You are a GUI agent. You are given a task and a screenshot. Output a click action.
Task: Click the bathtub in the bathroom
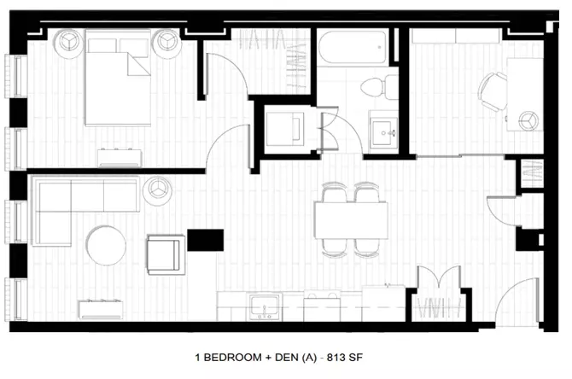352,47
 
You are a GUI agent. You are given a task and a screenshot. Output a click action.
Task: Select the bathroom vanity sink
383,131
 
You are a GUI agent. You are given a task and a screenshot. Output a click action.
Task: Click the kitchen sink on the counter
265,306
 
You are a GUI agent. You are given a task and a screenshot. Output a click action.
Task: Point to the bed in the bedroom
118,78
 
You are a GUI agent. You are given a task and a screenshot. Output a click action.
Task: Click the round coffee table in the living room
106,246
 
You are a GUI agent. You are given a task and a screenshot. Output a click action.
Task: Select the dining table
351,220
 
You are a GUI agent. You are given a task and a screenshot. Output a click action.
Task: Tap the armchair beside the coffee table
166,254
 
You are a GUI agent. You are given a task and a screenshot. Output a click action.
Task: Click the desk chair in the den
493,91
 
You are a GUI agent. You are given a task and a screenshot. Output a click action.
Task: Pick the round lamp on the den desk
528,120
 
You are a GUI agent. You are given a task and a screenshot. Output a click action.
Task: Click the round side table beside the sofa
158,190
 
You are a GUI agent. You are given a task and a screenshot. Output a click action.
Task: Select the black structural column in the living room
206,240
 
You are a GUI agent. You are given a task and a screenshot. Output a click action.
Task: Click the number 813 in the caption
336,358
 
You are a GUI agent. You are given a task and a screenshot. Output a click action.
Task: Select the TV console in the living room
101,309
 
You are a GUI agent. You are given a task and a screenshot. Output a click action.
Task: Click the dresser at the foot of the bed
120,158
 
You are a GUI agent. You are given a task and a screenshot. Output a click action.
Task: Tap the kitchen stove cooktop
322,306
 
